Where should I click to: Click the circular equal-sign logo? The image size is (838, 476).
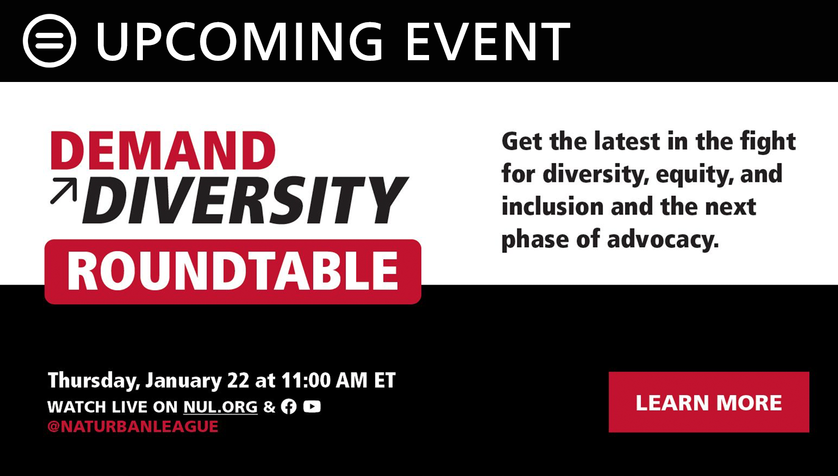(49, 41)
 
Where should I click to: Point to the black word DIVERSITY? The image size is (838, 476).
(245, 200)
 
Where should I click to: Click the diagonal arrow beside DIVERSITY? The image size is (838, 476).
(63, 191)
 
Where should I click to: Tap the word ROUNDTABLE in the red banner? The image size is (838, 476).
(233, 271)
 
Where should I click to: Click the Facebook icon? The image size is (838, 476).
(289, 406)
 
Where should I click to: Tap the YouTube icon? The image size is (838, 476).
(312, 406)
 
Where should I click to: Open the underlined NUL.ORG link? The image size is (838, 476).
(221, 407)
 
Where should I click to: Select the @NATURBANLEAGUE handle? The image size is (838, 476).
(133, 427)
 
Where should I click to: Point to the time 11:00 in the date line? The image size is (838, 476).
(306, 380)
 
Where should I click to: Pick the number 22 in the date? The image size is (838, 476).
(238, 380)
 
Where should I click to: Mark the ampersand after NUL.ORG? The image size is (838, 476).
(269, 407)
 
